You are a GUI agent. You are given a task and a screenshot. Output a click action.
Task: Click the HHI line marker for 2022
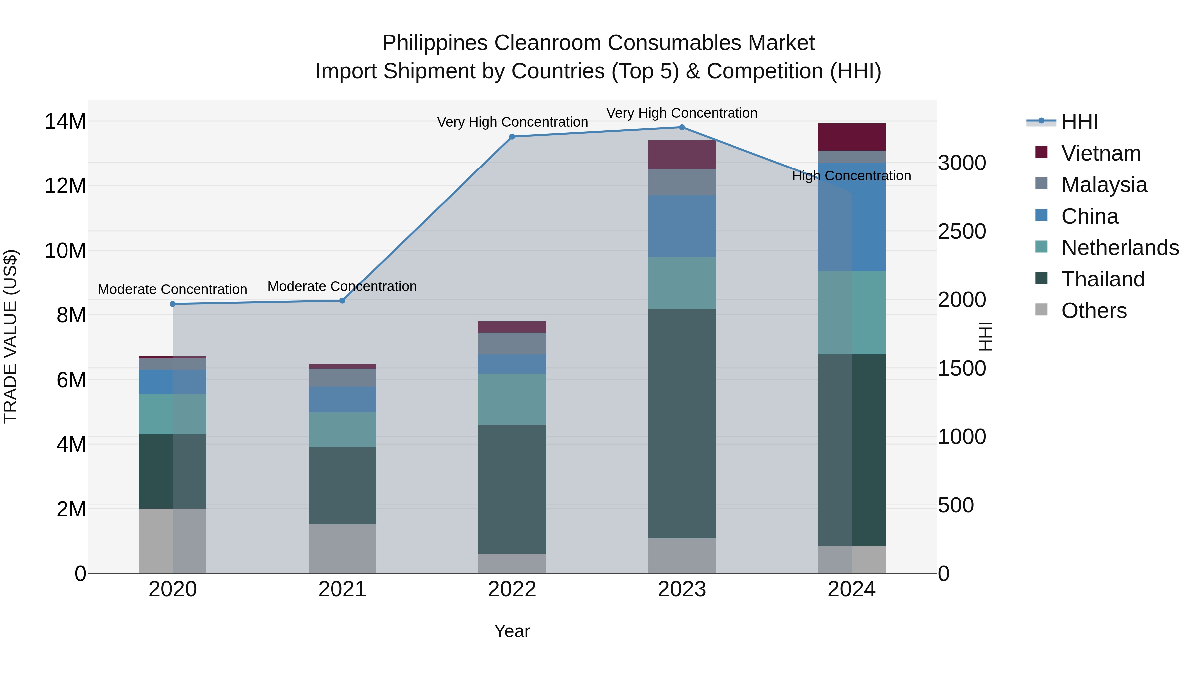[512, 137]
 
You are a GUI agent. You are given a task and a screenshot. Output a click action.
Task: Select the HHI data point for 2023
[682, 127]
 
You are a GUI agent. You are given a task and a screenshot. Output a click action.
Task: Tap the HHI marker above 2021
[342, 300]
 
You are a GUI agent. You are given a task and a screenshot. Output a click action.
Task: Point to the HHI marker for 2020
[173, 304]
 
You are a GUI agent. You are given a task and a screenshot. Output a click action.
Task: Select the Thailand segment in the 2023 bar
[682, 424]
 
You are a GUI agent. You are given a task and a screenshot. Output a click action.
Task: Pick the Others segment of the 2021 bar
[342, 548]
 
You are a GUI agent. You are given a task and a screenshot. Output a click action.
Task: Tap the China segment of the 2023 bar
[682, 226]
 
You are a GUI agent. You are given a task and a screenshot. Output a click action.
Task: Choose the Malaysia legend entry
[1104, 185]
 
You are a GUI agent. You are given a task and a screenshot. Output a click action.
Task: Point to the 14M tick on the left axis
[65, 122]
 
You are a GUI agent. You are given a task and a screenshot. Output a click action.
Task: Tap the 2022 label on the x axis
[512, 589]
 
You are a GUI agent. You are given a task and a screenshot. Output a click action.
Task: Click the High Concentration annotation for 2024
[851, 176]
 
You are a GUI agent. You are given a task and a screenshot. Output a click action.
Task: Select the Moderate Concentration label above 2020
[172, 289]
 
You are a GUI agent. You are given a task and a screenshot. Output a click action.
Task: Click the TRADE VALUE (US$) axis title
[10, 336]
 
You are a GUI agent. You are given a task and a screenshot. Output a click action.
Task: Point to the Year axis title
[512, 631]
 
